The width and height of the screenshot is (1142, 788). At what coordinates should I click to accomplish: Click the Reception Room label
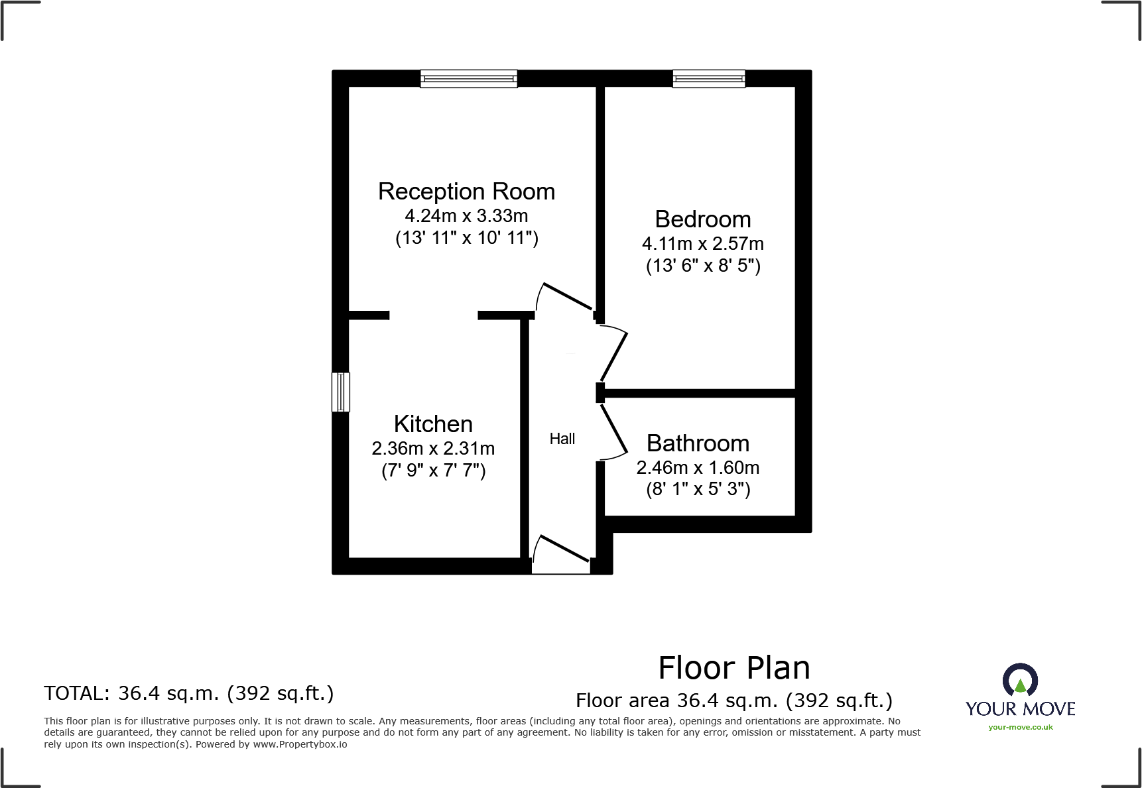tap(466, 192)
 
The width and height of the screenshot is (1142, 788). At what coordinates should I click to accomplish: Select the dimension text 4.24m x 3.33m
tap(466, 216)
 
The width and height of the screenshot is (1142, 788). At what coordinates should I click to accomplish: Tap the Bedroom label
tap(703, 219)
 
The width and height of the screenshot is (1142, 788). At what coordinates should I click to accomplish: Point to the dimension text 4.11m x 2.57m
tap(703, 244)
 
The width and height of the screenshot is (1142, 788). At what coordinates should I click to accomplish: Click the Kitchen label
tap(433, 424)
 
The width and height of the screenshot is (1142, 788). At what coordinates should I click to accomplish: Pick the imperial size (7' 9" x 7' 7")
tap(433, 471)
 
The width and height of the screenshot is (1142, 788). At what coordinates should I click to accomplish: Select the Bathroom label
tap(698, 443)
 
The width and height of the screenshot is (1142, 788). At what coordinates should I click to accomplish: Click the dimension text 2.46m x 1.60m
tap(698, 468)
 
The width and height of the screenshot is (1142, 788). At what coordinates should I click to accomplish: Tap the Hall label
tap(562, 439)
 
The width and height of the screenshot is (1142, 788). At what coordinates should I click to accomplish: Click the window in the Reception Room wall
tap(468, 79)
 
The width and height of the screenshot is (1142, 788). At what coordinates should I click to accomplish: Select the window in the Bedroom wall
tap(708, 79)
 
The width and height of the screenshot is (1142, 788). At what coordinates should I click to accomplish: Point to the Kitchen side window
tap(340, 392)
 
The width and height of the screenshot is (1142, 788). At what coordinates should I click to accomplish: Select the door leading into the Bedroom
tap(614, 354)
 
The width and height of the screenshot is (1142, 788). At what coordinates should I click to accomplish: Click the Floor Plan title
tap(734, 668)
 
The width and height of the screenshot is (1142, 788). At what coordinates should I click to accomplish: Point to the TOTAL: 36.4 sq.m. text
tap(189, 693)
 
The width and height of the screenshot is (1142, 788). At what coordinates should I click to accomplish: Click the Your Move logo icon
tap(1020, 681)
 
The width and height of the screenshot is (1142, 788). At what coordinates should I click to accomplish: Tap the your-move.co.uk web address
tap(1020, 727)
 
